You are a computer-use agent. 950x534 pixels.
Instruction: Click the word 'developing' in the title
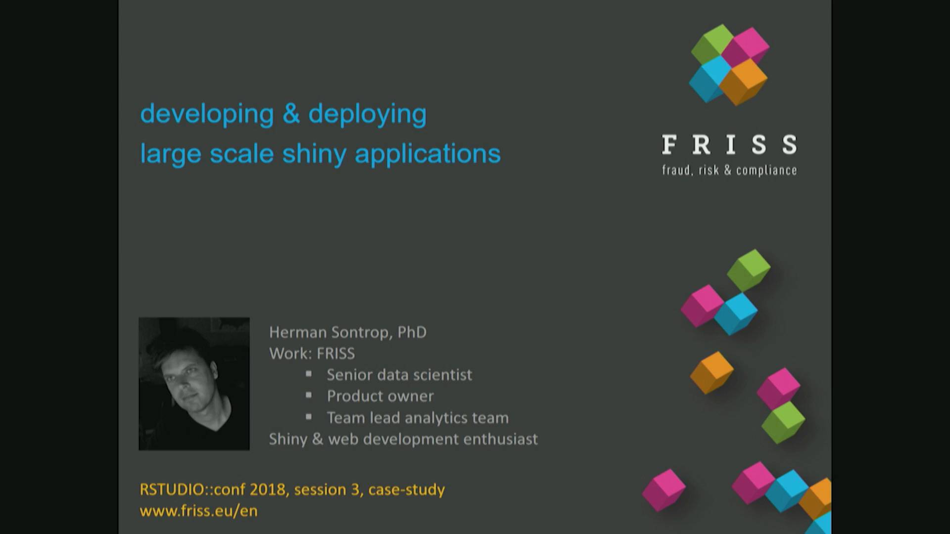click(207, 114)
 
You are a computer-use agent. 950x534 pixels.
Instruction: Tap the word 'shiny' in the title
click(314, 154)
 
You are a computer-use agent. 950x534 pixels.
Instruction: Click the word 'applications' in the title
click(427, 154)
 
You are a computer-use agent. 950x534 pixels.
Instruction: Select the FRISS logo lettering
click(729, 145)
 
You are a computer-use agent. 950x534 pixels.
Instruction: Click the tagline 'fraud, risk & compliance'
click(729, 171)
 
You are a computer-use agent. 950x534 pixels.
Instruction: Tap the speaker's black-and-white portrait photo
click(194, 384)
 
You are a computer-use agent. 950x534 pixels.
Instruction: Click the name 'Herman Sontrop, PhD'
click(347, 332)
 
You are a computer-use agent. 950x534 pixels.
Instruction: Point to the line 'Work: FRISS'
click(312, 354)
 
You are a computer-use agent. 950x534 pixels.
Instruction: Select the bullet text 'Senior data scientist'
click(399, 375)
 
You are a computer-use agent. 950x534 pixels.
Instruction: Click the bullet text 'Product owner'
click(380, 396)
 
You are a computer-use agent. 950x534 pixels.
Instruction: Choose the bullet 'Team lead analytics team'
click(417, 418)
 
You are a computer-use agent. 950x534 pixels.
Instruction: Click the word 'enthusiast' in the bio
click(500, 439)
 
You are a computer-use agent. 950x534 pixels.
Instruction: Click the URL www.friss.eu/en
click(198, 511)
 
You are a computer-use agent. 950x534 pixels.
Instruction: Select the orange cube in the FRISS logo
click(743, 82)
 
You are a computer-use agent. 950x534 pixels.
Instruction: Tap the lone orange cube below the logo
click(712, 372)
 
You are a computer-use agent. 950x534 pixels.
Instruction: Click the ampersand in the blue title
click(291, 114)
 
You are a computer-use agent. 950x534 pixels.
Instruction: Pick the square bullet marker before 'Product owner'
click(309, 395)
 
